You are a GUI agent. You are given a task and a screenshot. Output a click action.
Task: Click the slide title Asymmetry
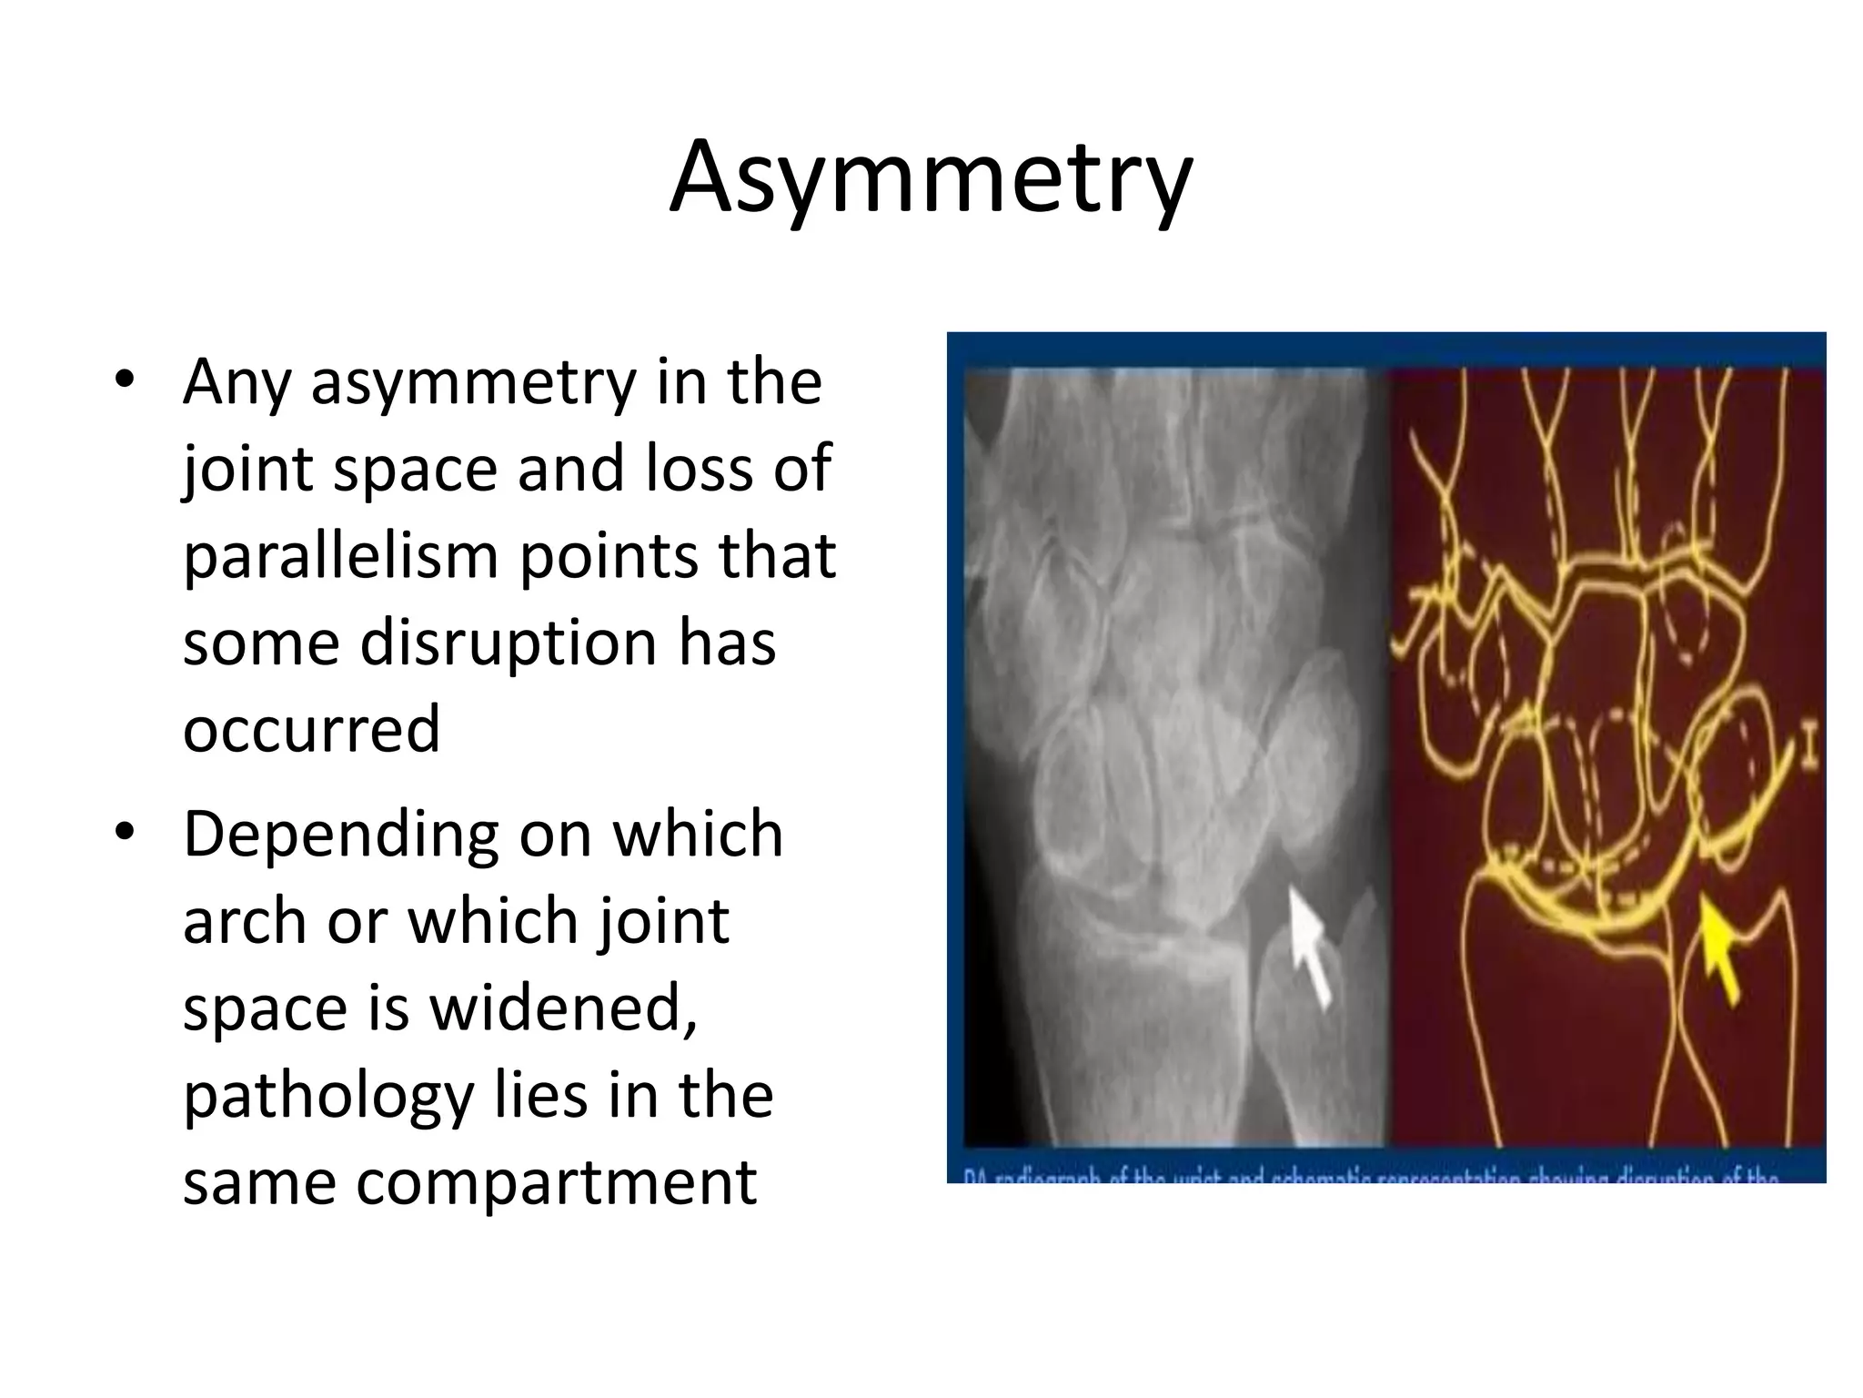pyautogui.click(x=930, y=178)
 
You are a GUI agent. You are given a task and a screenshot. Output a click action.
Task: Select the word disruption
pyautogui.click(x=508, y=643)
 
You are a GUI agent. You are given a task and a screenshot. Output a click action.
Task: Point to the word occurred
pyautogui.click(x=311, y=729)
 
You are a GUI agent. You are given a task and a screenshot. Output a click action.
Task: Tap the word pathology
pyautogui.click(x=328, y=1096)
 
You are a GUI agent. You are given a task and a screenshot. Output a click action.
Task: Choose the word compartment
pyautogui.click(x=556, y=1182)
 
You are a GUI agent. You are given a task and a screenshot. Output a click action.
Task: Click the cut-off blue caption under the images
pyautogui.click(x=1374, y=1175)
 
